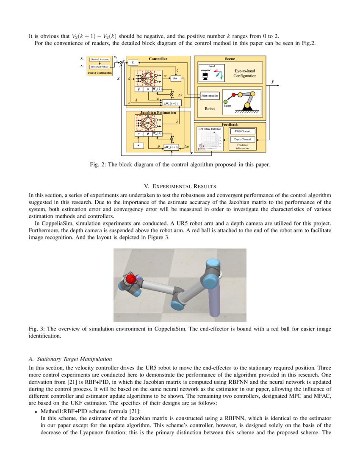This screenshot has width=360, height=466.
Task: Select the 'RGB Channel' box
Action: (x=242, y=131)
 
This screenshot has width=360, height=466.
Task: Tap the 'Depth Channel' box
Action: (x=242, y=139)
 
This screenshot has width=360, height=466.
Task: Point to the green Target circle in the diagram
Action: (x=226, y=101)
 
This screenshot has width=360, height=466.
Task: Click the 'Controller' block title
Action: (x=158, y=59)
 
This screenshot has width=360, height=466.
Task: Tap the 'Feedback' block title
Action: (x=230, y=125)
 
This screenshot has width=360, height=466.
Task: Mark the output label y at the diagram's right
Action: (x=272, y=81)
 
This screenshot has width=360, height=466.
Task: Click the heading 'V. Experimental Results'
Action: (x=180, y=186)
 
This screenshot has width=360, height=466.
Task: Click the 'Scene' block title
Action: (x=230, y=59)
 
